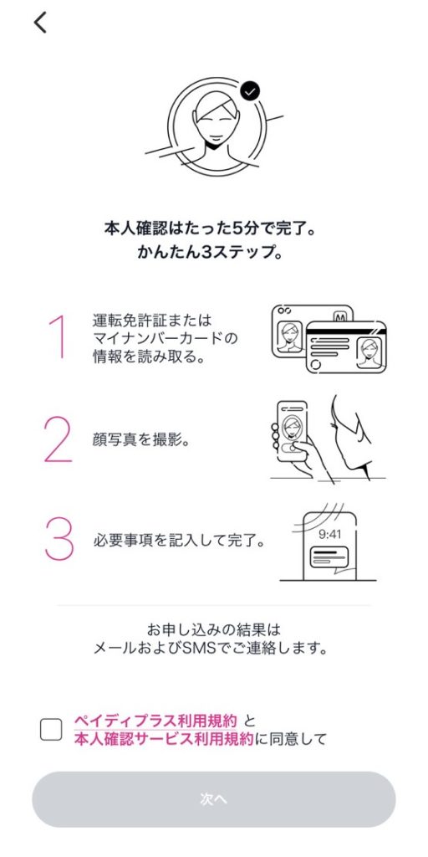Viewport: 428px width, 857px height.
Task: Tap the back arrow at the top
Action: [x=40, y=23]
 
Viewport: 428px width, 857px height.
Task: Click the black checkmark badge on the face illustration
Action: [x=249, y=91]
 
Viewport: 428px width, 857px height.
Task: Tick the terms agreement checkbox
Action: [x=51, y=730]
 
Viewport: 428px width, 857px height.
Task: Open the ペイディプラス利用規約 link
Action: [x=155, y=720]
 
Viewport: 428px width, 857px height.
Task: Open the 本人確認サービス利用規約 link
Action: [x=163, y=739]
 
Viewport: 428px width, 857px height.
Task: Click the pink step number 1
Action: [x=58, y=337]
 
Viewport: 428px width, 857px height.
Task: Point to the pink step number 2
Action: [x=58, y=441]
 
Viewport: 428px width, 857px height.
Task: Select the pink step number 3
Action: [x=59, y=538]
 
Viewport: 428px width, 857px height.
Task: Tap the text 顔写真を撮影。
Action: [x=141, y=440]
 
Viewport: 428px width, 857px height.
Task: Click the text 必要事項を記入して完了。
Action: [x=179, y=542]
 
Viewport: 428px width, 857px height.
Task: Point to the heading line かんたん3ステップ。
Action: [x=209, y=254]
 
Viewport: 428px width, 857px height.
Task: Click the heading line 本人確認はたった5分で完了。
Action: [x=209, y=228]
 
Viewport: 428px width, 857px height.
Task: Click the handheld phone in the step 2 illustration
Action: [x=292, y=431]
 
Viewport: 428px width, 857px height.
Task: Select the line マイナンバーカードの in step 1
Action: [x=165, y=338]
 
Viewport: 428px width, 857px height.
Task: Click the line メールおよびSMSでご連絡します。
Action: [x=210, y=649]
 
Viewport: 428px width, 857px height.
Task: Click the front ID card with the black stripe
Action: [x=346, y=346]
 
